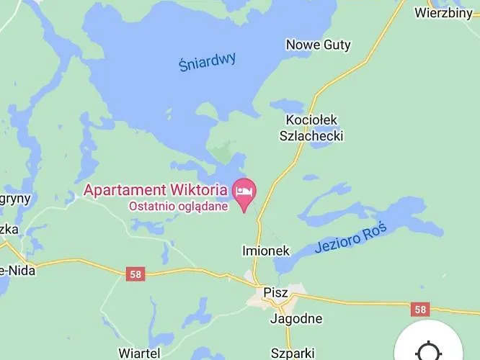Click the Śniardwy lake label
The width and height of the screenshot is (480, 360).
point(208,62)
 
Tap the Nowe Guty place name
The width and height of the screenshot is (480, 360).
point(318,45)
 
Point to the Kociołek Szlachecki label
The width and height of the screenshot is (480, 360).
point(311,127)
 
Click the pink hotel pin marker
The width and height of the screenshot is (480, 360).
point(244,192)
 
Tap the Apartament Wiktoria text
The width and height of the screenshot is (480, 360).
point(156,190)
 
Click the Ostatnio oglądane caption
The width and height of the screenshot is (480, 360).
point(179,206)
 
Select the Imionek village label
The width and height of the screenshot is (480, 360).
point(265,251)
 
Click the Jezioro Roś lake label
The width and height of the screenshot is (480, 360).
point(351,238)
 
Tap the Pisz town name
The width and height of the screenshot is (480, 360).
point(275,293)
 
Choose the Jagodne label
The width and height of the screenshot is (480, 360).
point(296,318)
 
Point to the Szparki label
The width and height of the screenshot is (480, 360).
point(293,353)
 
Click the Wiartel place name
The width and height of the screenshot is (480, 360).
point(138,353)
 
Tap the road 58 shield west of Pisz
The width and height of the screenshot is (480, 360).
point(135,274)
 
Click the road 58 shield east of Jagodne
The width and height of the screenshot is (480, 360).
point(420,309)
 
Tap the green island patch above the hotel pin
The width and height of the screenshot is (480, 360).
point(222,153)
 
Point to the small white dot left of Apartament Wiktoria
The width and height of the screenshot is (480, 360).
point(76,194)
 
